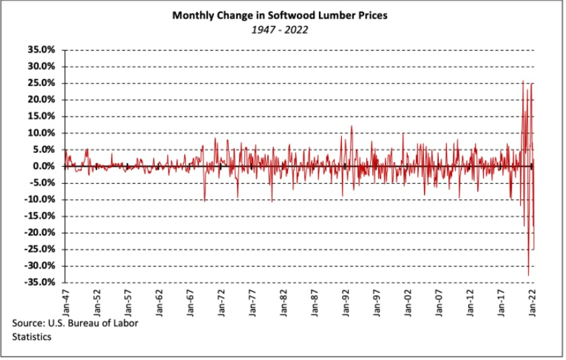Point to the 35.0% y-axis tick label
coord(41,50)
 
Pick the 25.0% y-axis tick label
coord(41,83)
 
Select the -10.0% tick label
coord(40,199)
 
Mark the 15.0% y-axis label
coord(41,116)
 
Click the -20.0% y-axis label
coord(40,233)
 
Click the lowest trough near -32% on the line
coord(528,275)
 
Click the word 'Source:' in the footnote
coord(29,324)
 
